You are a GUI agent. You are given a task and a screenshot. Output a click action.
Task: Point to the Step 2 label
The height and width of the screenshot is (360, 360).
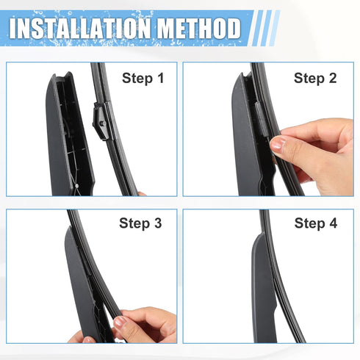315,77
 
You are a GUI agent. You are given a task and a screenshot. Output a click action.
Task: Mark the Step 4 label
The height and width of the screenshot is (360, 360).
315,223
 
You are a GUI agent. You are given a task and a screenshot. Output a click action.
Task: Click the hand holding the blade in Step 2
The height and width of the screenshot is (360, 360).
316,151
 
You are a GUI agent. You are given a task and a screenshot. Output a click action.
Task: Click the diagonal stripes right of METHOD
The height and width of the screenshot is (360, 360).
263,29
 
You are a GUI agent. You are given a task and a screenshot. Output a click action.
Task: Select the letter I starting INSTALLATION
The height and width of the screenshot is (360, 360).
15,29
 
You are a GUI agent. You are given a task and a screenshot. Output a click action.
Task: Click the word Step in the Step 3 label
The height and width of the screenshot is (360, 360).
133,223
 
